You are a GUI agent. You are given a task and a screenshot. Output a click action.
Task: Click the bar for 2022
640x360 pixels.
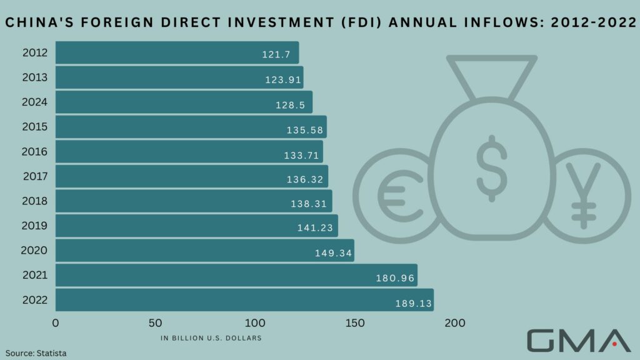tap(244, 300)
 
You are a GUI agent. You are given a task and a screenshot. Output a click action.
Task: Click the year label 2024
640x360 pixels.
tap(35, 102)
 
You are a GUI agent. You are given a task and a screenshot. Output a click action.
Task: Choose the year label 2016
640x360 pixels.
tap(35, 151)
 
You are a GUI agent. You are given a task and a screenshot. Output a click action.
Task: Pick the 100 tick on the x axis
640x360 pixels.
tap(255, 323)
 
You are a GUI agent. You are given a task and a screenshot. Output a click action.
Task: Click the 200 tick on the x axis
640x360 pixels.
tap(454, 323)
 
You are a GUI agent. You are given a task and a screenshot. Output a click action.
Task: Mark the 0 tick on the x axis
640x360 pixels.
tap(56, 323)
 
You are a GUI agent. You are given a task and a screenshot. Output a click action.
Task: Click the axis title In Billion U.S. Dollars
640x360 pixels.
tap(211, 338)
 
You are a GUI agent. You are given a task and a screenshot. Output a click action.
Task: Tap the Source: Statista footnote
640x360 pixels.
tap(36, 353)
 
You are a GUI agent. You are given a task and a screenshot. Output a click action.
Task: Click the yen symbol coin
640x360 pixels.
tap(586, 193)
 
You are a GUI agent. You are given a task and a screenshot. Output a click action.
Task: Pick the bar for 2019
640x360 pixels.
tap(196, 226)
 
